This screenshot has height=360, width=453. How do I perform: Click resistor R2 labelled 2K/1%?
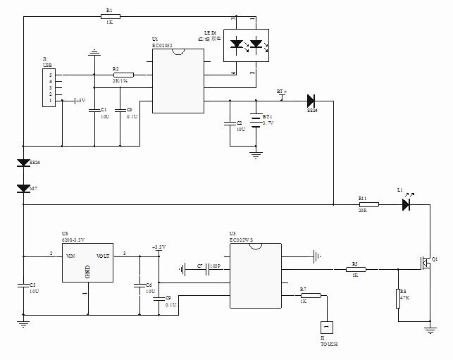(123, 75)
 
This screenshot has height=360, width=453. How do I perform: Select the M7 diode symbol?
(23, 188)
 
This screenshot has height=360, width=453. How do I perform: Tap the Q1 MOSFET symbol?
(426, 263)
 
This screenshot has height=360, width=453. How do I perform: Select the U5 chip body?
(256, 275)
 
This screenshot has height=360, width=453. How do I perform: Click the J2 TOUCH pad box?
(326, 328)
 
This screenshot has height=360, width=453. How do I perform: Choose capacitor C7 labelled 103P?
(209, 268)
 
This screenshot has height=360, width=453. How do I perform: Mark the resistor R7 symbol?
(311, 296)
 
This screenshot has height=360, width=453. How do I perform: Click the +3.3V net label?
(159, 247)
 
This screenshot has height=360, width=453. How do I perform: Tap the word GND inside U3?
(88, 271)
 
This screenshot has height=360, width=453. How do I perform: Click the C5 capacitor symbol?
(23, 285)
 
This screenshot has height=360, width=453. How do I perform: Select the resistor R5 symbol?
(355, 268)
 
